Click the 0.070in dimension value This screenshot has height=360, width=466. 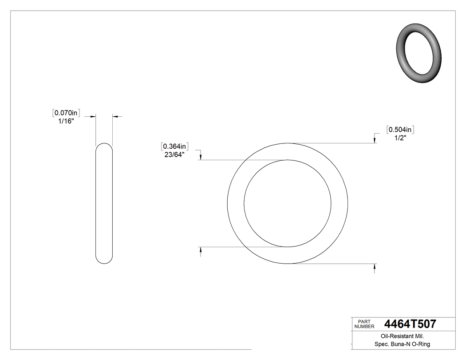click(66, 113)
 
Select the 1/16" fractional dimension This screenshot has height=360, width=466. click(66, 121)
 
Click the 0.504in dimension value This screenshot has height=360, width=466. click(401, 130)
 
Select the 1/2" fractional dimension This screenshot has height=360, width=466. click(401, 138)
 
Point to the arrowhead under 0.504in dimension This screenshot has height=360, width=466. click(375, 140)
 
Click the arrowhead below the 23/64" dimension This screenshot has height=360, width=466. click(201, 157)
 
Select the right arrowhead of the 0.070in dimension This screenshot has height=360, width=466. click(115, 116)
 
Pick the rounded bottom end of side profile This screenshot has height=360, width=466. click(104, 261)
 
